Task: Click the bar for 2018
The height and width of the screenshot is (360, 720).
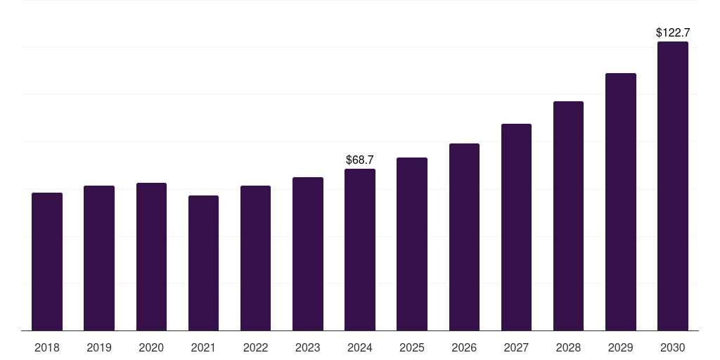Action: click(47, 262)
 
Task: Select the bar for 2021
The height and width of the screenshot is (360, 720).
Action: click(203, 263)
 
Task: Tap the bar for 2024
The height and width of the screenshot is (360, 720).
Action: click(360, 250)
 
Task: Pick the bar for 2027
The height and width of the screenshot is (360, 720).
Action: click(516, 227)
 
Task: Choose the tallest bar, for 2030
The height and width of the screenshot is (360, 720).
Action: click(673, 186)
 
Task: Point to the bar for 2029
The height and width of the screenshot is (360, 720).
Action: click(621, 202)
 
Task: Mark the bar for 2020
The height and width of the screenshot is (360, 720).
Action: click(152, 257)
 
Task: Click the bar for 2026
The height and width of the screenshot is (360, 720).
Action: click(464, 237)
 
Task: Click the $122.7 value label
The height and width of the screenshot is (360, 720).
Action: click(673, 32)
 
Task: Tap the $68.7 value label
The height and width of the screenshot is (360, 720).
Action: click(360, 160)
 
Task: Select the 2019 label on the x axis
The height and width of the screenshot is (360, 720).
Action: click(99, 347)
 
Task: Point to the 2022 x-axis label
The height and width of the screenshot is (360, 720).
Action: click(255, 347)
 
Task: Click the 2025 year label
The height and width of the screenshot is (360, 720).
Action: click(412, 347)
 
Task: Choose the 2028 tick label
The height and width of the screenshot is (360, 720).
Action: click(568, 347)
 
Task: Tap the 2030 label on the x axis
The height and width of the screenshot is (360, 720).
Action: click(673, 347)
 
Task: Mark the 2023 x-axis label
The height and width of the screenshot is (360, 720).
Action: click(308, 347)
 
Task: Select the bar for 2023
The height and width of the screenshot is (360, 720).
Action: click(308, 254)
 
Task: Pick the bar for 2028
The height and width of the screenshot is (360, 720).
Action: click(568, 216)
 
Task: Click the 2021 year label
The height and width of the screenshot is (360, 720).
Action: click(203, 347)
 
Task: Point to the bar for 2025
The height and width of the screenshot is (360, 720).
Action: click(412, 244)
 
